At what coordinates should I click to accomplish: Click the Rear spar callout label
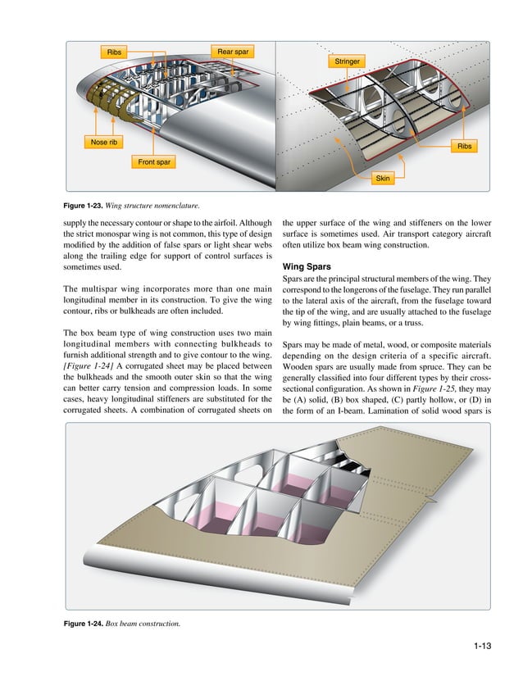(232, 52)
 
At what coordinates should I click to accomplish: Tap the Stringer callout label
(348, 61)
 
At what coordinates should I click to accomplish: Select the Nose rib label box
(104, 142)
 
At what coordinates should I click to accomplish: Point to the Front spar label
(154, 162)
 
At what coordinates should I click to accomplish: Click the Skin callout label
(382, 178)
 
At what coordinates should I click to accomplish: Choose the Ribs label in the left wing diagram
(112, 52)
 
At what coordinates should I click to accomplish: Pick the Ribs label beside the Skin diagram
(465, 147)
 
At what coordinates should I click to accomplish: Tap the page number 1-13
(481, 648)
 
